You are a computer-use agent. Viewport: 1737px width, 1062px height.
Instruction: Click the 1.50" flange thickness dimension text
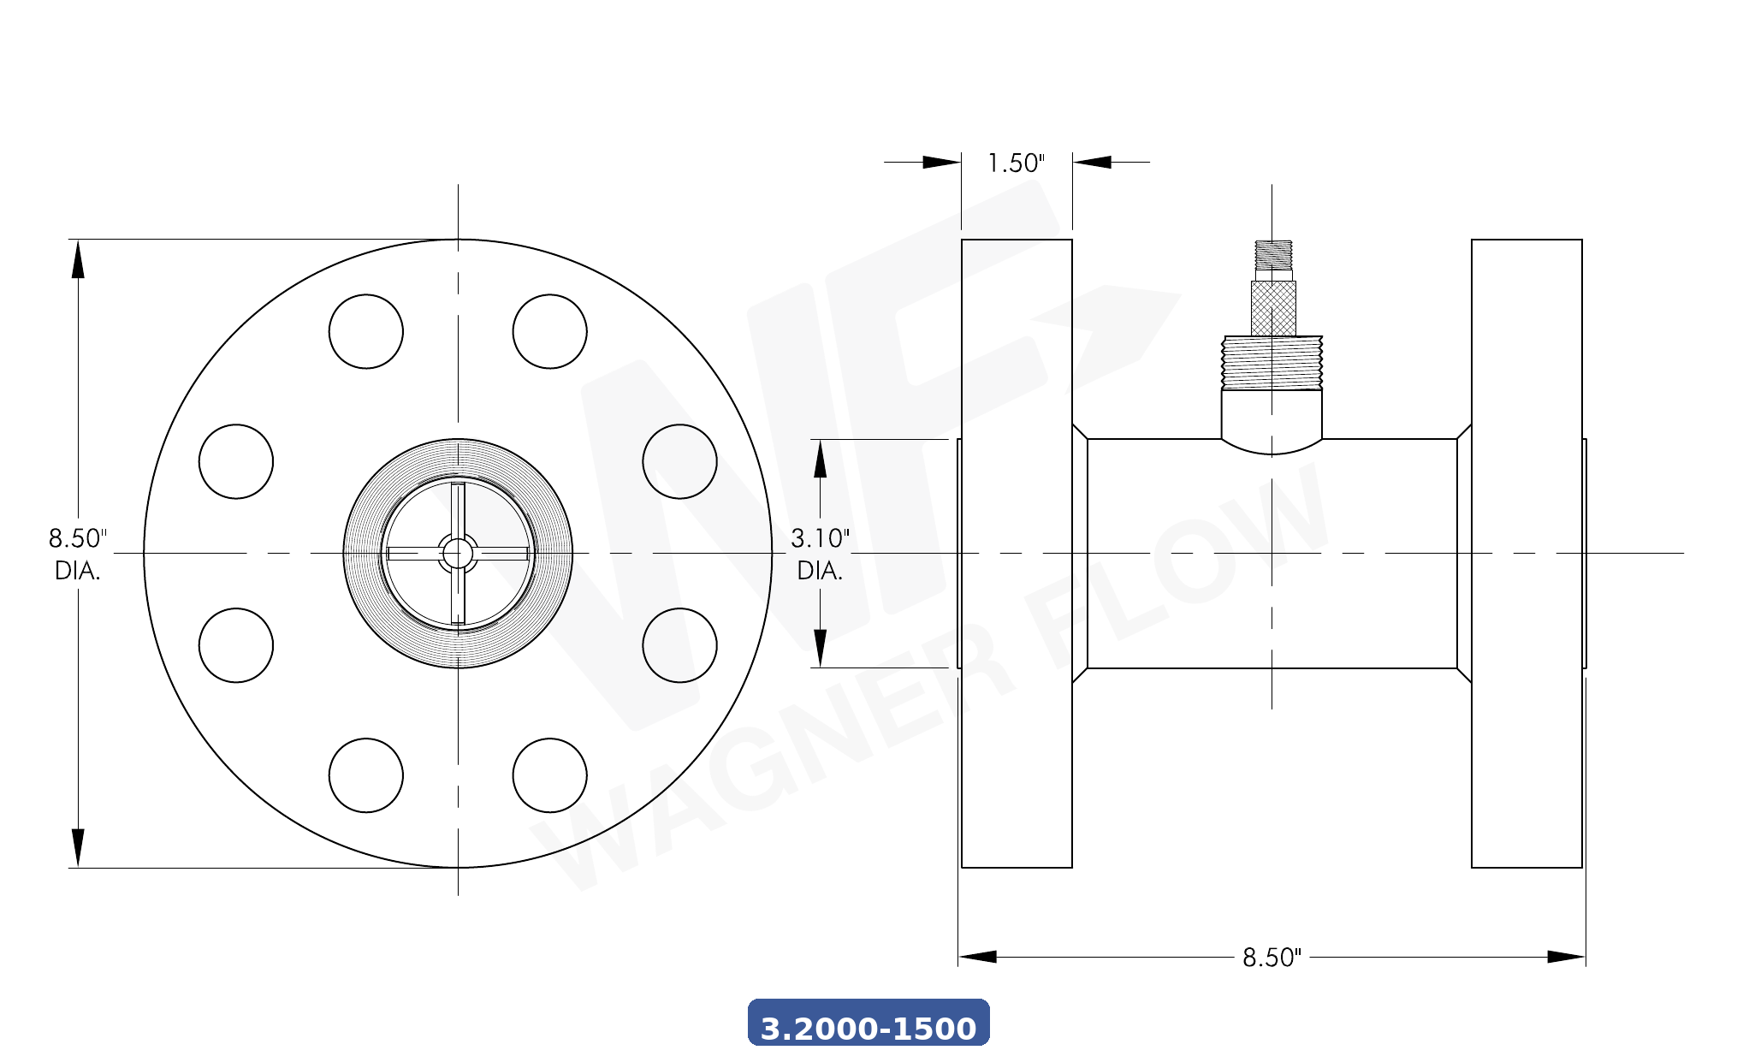pos(1016,163)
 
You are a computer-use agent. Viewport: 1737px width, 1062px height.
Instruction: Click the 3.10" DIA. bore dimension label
pos(820,554)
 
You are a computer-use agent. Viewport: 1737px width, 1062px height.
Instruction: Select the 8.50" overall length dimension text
pos(1272,957)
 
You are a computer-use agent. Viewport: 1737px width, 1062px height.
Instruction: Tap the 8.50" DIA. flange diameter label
pos(77,554)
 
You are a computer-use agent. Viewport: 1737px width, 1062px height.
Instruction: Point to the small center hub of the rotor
pos(458,554)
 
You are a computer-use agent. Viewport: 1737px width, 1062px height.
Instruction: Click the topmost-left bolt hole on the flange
pos(366,332)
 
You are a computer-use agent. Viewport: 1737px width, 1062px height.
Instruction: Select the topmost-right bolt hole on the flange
pos(550,332)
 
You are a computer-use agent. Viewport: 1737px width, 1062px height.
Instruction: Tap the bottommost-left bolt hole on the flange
pos(366,775)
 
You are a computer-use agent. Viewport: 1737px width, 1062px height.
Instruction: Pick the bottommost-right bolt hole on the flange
pos(550,775)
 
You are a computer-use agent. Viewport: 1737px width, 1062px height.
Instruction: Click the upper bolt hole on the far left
pos(236,461)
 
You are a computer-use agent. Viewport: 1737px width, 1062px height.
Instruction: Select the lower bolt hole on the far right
pos(680,645)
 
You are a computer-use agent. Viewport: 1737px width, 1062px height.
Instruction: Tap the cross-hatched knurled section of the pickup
pos(1273,308)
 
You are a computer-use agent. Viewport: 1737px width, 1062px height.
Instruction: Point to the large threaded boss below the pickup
pos(1272,363)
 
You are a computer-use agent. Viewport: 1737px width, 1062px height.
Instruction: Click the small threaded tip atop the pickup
pos(1273,255)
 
